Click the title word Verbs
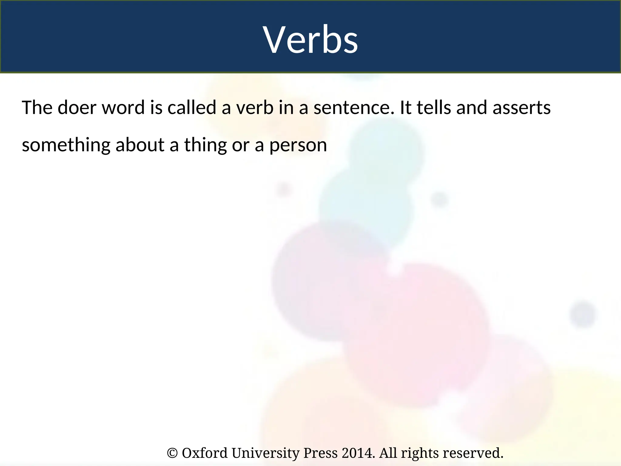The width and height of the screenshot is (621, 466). click(310, 40)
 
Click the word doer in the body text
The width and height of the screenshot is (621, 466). click(77, 108)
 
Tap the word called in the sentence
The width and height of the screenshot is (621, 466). click(192, 108)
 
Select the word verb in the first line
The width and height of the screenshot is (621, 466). click(255, 108)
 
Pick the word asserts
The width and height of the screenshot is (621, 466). click(521, 108)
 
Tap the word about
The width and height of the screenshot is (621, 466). click(140, 145)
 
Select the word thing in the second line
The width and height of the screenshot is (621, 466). click(205, 145)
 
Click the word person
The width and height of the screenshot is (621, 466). click(298, 145)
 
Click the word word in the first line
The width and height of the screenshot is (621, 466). click(123, 108)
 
